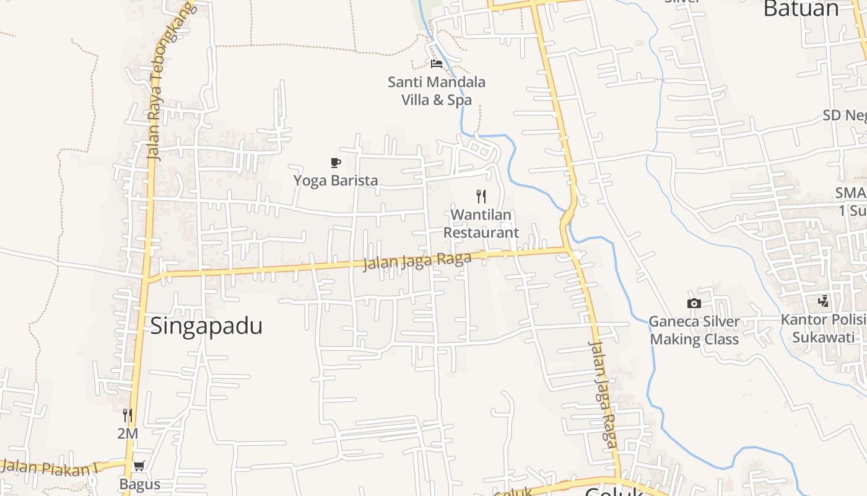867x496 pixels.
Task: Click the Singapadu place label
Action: pyautogui.click(x=206, y=326)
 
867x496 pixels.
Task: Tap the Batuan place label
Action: pyautogui.click(x=801, y=9)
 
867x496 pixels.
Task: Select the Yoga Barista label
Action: pyautogui.click(x=336, y=180)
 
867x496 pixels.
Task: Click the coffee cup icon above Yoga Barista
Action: pyautogui.click(x=336, y=163)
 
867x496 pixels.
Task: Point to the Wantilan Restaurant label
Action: pyautogui.click(x=481, y=224)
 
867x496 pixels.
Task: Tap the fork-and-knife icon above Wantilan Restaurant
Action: pyautogui.click(x=481, y=197)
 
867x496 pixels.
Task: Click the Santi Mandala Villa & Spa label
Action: pyautogui.click(x=437, y=91)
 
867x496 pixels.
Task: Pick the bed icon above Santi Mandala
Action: pyautogui.click(x=437, y=63)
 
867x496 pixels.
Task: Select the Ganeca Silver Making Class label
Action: pyautogui.click(x=694, y=330)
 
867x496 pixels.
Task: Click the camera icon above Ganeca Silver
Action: pyautogui.click(x=694, y=303)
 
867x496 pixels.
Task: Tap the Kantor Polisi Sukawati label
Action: pyautogui.click(x=824, y=329)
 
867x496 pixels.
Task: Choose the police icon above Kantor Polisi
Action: pyautogui.click(x=823, y=301)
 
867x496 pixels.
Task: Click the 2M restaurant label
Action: pyautogui.click(x=128, y=434)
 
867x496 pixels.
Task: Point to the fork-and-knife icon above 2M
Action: pyautogui.click(x=128, y=415)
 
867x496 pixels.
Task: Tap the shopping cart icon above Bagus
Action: pyautogui.click(x=139, y=466)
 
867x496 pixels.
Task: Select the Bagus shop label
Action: pyautogui.click(x=140, y=484)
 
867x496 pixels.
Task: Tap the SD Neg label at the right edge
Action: pyautogui.click(x=845, y=115)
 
